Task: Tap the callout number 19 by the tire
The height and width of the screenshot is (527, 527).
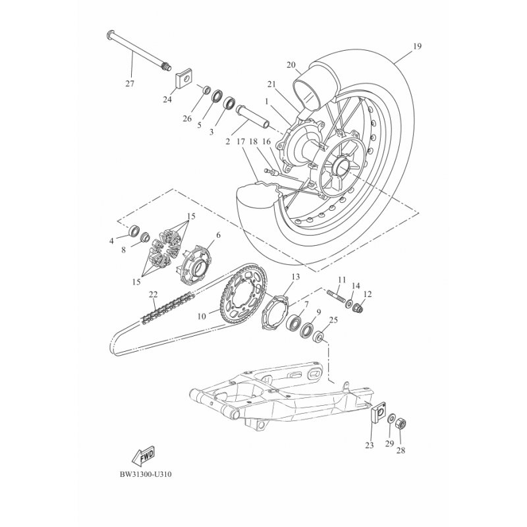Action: [x=417, y=47]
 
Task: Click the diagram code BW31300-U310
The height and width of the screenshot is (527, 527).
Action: [x=150, y=473]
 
